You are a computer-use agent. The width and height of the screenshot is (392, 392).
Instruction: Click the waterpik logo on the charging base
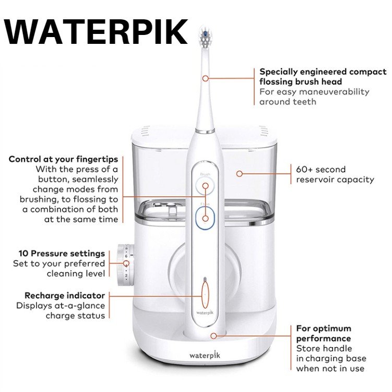[x=205, y=355]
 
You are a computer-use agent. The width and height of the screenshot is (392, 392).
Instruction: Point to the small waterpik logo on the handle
[x=205, y=313]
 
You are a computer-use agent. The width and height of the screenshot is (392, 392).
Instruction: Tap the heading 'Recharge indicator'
[x=65, y=295]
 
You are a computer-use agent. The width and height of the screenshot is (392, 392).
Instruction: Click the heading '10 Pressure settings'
[x=62, y=254]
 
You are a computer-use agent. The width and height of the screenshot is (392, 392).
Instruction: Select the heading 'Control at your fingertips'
[x=63, y=160]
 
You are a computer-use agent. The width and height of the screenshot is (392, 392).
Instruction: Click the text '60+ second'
[x=320, y=170]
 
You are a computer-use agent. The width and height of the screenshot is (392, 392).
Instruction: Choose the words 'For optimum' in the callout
[x=324, y=328]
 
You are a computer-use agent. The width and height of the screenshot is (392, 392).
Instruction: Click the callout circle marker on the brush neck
[x=205, y=78]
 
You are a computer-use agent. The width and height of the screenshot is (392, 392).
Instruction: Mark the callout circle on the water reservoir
[x=240, y=173]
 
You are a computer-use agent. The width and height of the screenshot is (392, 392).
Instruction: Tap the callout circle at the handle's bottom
[x=213, y=336]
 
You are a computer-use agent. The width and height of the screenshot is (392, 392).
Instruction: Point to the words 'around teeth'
[x=288, y=102]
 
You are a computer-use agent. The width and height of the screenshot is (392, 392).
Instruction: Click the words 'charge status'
[x=75, y=315]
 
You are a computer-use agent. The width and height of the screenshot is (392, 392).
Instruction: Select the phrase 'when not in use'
[x=330, y=369]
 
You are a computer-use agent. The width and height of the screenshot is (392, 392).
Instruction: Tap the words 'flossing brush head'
[x=301, y=82]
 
